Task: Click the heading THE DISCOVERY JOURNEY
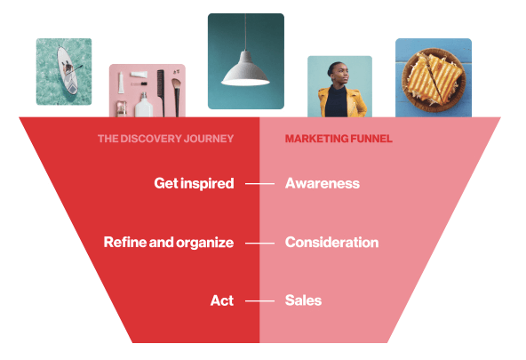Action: pyautogui.click(x=166, y=139)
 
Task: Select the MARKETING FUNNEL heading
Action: pyautogui.click(x=339, y=139)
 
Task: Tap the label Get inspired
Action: pyautogui.click(x=194, y=183)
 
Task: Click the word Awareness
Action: pyautogui.click(x=322, y=183)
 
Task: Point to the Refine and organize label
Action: pyautogui.click(x=169, y=243)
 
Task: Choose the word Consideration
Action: pyautogui.click(x=331, y=243)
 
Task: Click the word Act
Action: pyautogui.click(x=222, y=300)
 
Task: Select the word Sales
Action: pyautogui.click(x=303, y=300)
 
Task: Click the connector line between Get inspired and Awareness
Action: pyautogui.click(x=259, y=184)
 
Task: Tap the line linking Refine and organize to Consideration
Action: pyautogui.click(x=259, y=243)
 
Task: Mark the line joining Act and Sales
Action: pyautogui.click(x=259, y=301)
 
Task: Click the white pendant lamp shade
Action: pyautogui.click(x=245, y=70)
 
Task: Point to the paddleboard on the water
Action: pyautogui.click(x=67, y=70)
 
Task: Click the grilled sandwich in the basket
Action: pyautogui.click(x=434, y=78)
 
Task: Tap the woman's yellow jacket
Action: pyautogui.click(x=342, y=102)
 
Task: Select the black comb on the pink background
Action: pyautogui.click(x=161, y=93)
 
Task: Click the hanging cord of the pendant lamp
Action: pyautogui.click(x=245, y=33)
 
